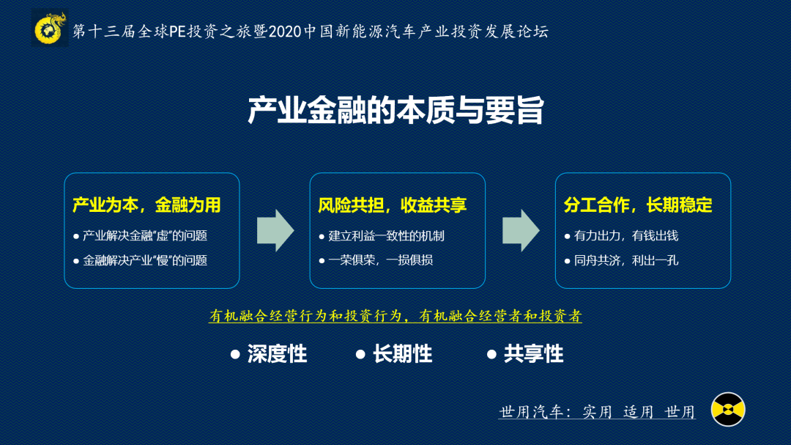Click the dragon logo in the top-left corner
pos(50,29)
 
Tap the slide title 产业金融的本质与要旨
pos(395,111)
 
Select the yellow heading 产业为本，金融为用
pos(146,205)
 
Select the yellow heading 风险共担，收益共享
pos(393,205)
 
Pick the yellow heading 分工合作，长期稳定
pos(638,205)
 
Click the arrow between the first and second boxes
pos(275,230)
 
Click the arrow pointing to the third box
pos(520,230)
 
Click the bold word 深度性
pos(277,355)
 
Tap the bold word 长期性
pos(402,355)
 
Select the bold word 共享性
pos(533,355)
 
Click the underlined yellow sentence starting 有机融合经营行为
pos(395,316)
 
